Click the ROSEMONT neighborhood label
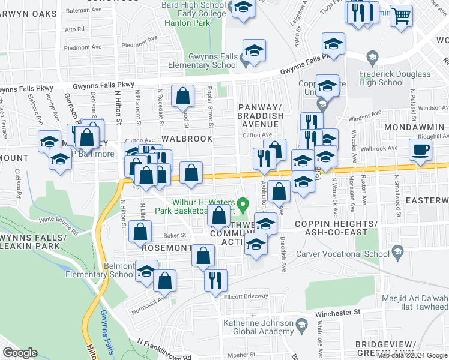click(x=166, y=247)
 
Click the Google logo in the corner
click(x=20, y=353)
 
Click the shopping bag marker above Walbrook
click(x=182, y=97)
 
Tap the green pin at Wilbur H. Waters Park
click(x=243, y=205)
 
